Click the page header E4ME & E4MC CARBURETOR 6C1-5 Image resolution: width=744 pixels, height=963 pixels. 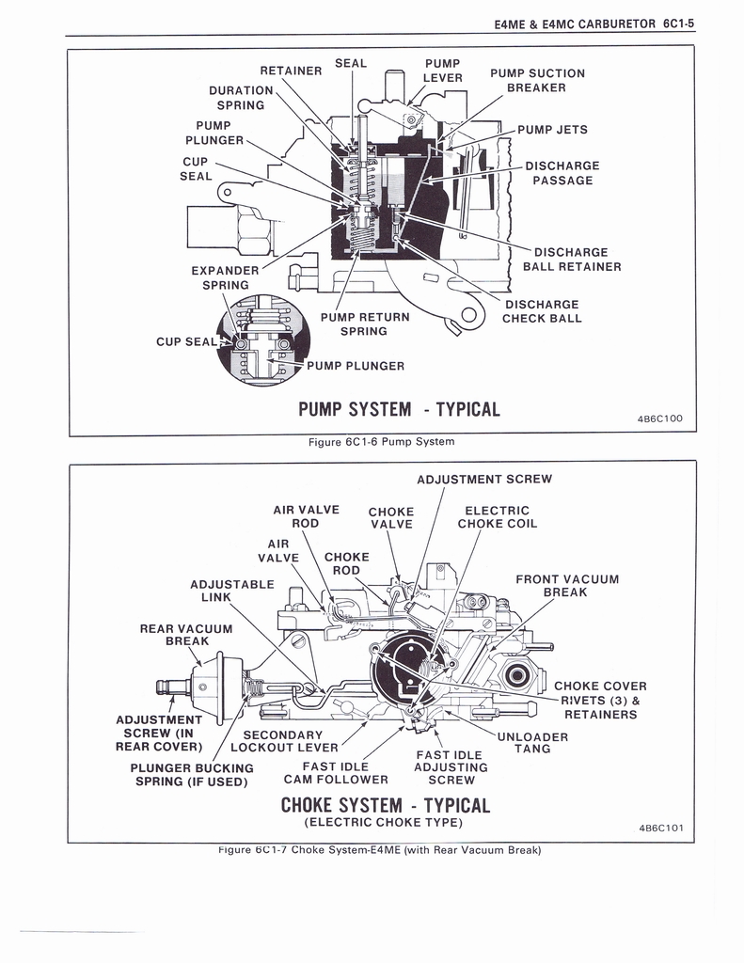coord(594,24)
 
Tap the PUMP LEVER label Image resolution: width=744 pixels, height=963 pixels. coord(443,71)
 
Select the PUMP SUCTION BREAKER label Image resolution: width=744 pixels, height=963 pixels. coord(537,80)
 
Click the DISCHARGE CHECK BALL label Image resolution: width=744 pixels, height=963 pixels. coord(541,311)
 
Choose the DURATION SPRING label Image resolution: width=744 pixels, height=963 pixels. coord(241,98)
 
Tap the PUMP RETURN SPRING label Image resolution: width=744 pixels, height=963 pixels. coord(364,324)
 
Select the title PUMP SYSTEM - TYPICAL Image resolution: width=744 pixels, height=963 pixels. coord(399,409)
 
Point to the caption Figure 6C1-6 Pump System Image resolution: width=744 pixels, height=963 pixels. coord(381,441)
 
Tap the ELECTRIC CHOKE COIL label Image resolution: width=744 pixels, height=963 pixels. coord(497,517)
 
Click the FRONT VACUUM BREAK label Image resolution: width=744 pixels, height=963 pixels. coord(566,585)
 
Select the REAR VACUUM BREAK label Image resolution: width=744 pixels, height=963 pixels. coord(185,635)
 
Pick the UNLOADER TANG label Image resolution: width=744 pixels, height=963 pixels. coord(532,743)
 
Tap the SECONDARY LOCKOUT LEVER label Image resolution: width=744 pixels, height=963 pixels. coord(284,741)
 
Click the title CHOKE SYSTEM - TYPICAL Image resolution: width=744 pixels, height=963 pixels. coord(386,806)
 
